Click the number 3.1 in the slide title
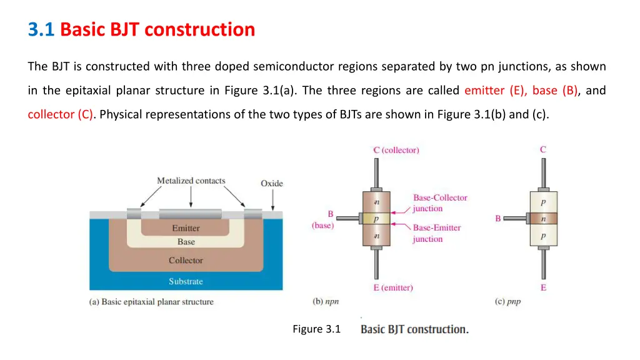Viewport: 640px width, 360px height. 41,29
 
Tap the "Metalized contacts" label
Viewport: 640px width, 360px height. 191,181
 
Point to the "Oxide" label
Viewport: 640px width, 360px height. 272,183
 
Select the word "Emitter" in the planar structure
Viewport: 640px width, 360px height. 186,229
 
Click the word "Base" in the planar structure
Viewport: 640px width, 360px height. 186,242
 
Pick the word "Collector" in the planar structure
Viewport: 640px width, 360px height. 186,261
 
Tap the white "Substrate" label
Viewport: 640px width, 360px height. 186,282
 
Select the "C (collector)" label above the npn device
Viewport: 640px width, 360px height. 396,150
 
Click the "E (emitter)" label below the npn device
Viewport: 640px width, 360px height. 393,287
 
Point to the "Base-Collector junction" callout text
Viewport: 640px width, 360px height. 439,203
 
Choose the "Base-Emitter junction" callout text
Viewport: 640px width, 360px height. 436,233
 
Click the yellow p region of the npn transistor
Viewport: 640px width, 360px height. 376,219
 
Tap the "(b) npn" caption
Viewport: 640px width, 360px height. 326,301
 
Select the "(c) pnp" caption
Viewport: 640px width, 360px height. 507,301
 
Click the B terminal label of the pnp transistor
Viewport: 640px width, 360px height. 498,219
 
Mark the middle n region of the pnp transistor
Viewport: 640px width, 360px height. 543,219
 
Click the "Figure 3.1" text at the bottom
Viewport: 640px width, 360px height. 316,329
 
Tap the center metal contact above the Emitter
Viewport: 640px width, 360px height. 191,214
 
